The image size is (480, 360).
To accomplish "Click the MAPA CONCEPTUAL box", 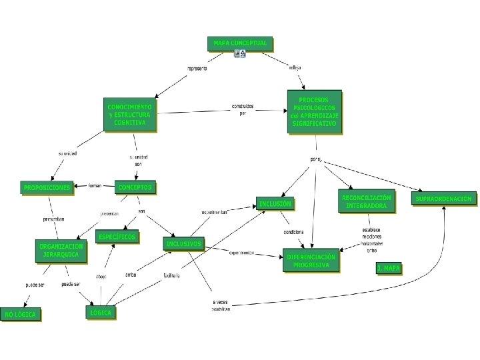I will [240, 43].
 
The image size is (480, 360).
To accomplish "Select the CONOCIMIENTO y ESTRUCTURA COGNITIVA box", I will [129, 115].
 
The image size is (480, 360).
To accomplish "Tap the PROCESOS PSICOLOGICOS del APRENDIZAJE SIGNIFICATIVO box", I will [315, 111].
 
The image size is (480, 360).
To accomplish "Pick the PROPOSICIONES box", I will [47, 188].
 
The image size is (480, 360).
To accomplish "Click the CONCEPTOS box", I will [135, 187].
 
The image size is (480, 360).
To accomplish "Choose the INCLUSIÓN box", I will [275, 203].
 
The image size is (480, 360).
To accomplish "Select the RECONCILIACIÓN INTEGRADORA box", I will [366, 202].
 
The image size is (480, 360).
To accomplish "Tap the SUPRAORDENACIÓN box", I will [444, 199].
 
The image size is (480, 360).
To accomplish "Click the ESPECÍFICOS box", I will [117, 237].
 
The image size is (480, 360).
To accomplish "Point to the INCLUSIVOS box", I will [183, 244].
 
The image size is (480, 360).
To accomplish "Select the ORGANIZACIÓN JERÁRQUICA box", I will [61, 251].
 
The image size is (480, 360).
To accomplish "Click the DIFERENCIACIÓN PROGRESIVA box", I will [311, 261].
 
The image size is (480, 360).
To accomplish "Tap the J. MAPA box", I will [389, 268].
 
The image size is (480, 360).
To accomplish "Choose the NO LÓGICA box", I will [21, 314].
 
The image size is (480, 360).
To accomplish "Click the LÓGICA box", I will [101, 312].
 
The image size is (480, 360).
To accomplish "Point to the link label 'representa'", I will [197, 69].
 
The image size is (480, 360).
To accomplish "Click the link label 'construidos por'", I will [243, 109].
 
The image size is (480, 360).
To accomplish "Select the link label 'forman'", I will [95, 186].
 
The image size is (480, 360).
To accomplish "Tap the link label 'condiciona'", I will [293, 232].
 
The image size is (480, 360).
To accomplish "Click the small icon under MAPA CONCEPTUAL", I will [240, 54].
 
